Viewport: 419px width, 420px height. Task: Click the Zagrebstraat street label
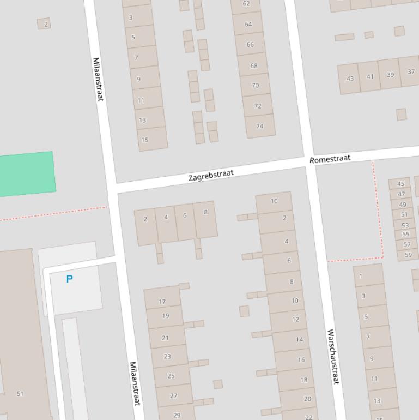[x=211, y=176]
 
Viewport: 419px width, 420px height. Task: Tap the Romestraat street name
[x=330, y=159]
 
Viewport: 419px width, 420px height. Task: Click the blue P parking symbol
[x=69, y=279]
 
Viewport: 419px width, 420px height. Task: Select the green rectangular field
[x=27, y=174]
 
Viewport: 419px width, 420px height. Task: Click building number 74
[x=259, y=126]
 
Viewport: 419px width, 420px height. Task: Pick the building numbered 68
[x=254, y=65]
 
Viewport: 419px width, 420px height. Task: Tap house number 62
[x=246, y=4]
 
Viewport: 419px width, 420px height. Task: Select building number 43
[x=350, y=79]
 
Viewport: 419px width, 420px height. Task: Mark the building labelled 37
[x=411, y=72]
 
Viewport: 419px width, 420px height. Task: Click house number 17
[x=162, y=301]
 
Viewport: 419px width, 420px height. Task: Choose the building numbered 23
[x=167, y=356]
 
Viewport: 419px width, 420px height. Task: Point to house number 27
[x=174, y=396]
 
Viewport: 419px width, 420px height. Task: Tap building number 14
[x=299, y=339]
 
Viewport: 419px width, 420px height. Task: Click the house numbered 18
[x=303, y=380]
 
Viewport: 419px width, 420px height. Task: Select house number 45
[x=401, y=184]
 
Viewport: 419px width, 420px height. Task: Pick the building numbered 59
[x=408, y=254]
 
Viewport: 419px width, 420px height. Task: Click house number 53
[x=405, y=225]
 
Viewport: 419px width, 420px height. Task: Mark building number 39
[x=390, y=75]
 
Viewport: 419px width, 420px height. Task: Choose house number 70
[x=255, y=85]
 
